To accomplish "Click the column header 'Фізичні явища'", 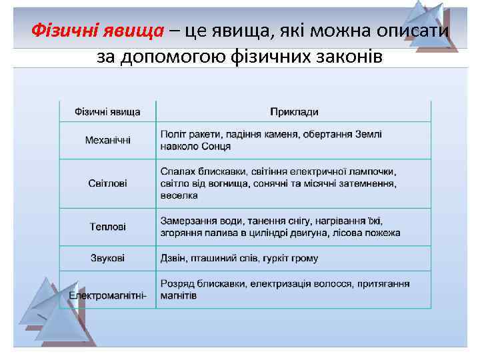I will pos(107,112).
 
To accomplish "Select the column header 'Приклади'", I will pos(294,112).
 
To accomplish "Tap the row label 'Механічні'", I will pos(108,140).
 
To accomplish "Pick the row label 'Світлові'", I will pos(108,183).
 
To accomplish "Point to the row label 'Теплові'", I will pos(108,227).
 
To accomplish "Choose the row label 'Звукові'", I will pos(108,257).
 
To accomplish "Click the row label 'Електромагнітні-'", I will pos(107,295).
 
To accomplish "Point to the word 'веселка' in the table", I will pos(179,195).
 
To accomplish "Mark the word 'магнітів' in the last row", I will pos(179,295).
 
